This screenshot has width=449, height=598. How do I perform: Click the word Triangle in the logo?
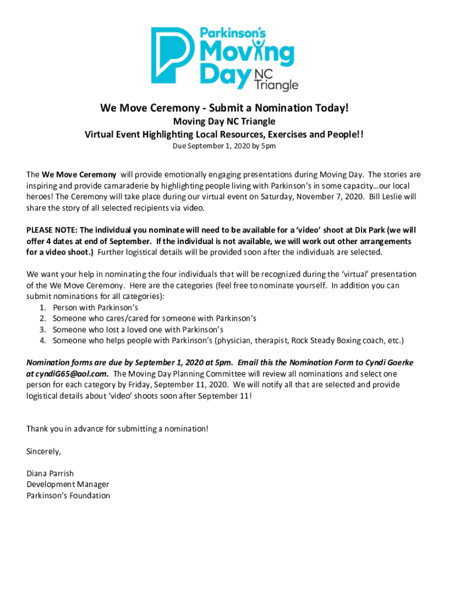(277, 85)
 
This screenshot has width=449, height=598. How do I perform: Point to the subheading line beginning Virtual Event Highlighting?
(224, 134)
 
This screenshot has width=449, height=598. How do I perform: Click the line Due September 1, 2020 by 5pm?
(224, 146)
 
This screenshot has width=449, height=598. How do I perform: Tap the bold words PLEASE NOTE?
(52, 230)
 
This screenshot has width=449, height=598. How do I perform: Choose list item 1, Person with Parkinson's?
(95, 307)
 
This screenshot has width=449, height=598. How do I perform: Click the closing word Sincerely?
(44, 451)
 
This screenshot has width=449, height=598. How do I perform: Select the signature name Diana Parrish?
(50, 474)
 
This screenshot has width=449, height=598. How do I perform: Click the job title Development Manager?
(68, 485)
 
